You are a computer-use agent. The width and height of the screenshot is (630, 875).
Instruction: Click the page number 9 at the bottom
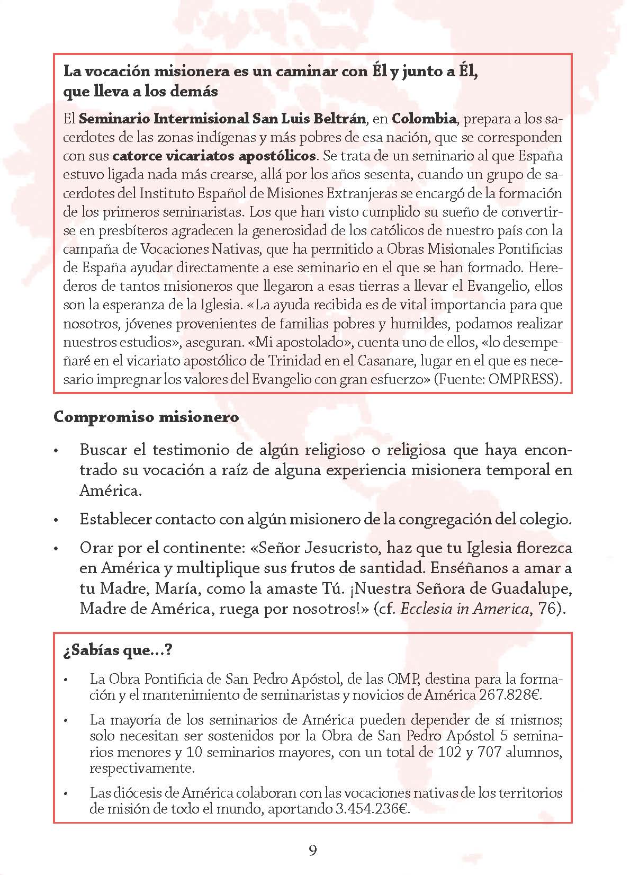pyautogui.click(x=313, y=851)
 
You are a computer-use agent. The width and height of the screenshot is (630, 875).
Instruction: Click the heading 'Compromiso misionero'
pyautogui.click(x=146, y=417)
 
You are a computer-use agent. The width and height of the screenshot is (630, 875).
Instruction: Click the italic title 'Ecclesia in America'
pyautogui.click(x=465, y=609)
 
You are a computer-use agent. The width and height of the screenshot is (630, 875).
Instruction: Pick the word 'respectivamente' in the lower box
pyautogui.click(x=141, y=769)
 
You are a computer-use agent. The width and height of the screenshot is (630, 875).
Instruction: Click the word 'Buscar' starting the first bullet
pyautogui.click(x=103, y=450)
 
